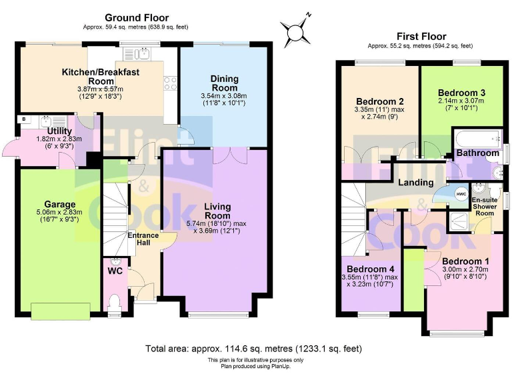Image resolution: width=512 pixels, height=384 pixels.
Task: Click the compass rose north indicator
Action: [294, 29]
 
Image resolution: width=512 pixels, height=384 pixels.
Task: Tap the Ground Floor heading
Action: [137, 18]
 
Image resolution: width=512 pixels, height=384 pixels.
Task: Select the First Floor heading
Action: [420, 36]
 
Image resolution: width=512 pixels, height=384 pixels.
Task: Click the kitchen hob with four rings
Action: [169, 83]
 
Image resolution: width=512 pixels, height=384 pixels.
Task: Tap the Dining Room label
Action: [224, 83]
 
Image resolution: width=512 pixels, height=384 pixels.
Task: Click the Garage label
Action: [60, 204]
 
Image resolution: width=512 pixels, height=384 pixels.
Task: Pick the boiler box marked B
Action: [25, 119]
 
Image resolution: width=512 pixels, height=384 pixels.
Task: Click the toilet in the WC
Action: [114, 303]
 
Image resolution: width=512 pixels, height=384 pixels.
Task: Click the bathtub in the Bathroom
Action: [477, 140]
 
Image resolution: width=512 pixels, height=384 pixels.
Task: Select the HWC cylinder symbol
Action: [461, 193]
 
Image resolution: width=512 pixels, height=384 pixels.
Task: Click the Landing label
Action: [416, 182]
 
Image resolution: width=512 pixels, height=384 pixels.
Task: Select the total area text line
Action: [256, 349]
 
